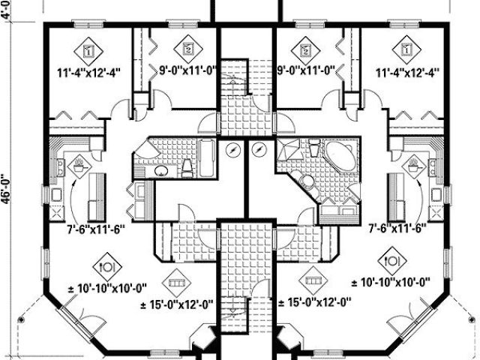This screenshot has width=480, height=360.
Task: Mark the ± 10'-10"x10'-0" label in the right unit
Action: coord(390,283)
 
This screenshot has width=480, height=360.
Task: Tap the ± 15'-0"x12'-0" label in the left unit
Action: coord(178,304)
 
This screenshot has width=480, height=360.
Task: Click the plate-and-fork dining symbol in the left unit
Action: coord(106,265)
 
